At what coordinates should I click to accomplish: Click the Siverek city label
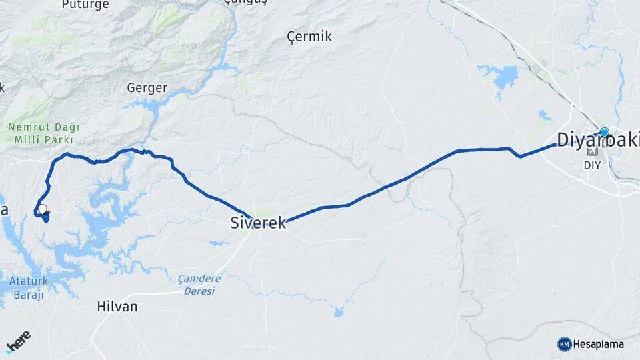coord(257,223)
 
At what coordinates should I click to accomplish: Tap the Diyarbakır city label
coord(597,140)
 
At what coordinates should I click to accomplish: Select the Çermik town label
coord(309,37)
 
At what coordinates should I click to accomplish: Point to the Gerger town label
coord(147,88)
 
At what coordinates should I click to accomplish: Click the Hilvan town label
coord(117,307)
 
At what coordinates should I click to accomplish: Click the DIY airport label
coord(591,165)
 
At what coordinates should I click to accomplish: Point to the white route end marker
coord(43,209)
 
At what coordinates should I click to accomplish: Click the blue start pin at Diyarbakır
coord(604,133)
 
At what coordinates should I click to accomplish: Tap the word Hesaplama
coord(598,344)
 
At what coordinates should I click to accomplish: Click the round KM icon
coord(564,344)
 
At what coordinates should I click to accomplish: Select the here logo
coord(18,342)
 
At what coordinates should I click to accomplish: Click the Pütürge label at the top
coord(85,5)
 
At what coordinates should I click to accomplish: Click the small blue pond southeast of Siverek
coord(339,311)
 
